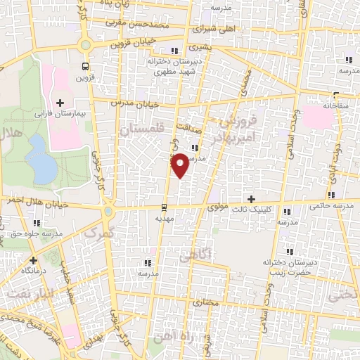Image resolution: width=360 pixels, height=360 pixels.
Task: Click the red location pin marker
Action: [181, 165]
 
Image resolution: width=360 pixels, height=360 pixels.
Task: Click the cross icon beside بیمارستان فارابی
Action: [60, 103]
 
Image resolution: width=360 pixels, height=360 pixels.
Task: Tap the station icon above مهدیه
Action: [163, 207]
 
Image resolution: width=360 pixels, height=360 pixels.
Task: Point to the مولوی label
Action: [217, 208]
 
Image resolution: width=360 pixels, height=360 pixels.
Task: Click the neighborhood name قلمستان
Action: [141, 130]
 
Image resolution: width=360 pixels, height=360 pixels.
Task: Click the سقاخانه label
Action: [337, 107]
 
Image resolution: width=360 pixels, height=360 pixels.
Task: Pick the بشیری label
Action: [198, 49]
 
